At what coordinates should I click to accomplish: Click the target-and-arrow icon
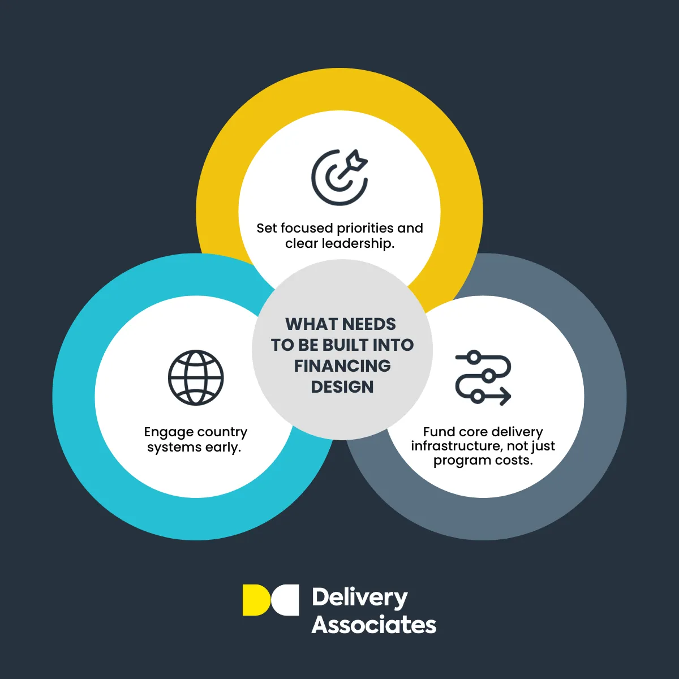(339, 177)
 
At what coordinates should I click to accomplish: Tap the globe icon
(196, 377)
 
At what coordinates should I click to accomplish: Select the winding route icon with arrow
(483, 377)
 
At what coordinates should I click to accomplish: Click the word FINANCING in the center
(342, 366)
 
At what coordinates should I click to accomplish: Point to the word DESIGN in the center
(342, 387)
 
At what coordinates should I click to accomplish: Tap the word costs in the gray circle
(514, 461)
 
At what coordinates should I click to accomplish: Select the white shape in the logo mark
(286, 600)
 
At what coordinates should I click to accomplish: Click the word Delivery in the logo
(359, 598)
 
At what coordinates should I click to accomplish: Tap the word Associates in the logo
(374, 625)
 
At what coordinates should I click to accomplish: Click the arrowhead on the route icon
(505, 396)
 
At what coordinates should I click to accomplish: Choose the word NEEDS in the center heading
(369, 324)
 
